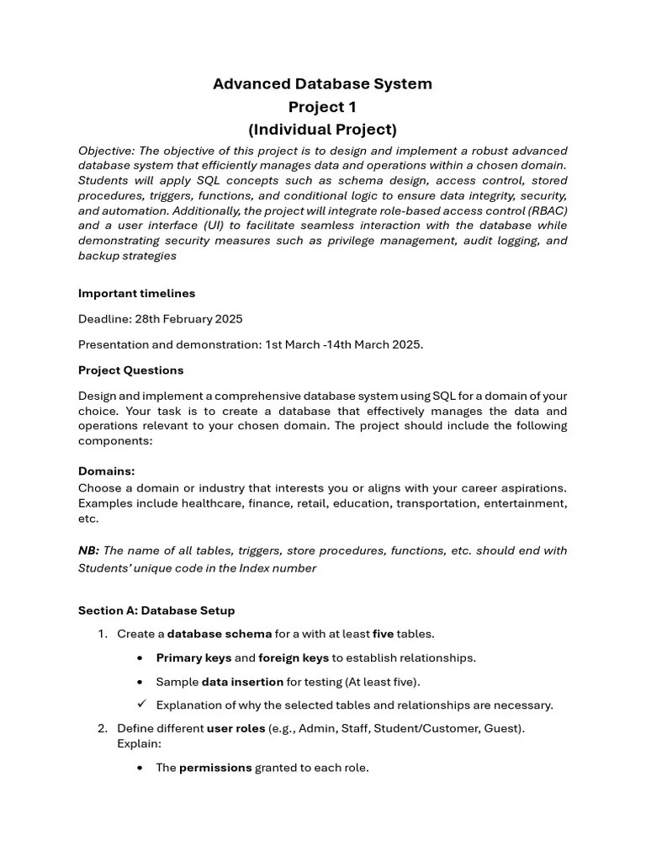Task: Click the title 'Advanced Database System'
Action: point(322,84)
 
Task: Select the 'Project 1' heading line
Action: point(322,107)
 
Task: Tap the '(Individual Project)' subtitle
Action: point(322,130)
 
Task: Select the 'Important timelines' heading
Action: point(136,294)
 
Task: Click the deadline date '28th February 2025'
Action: point(188,319)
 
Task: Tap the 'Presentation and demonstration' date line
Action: point(251,344)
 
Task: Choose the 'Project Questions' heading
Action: point(130,370)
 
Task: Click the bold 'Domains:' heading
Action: point(106,471)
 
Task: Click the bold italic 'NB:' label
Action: point(88,551)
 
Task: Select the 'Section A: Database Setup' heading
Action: point(156,611)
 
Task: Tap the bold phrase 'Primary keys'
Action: point(193,658)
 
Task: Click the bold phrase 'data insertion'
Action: point(242,682)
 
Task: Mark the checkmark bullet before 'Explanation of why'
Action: point(141,705)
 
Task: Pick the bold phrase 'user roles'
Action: point(236,729)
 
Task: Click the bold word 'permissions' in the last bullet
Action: point(215,768)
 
